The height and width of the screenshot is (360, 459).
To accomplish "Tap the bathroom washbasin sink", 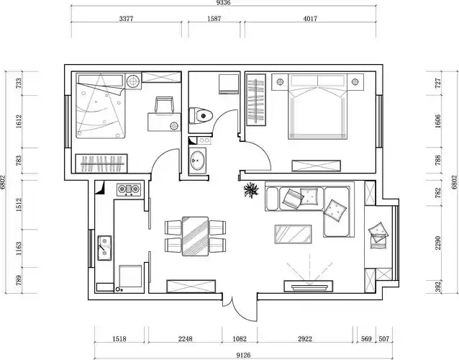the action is click(197, 161).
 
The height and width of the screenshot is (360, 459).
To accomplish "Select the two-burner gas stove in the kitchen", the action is click(129, 189).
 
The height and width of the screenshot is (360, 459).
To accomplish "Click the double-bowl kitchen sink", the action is click(104, 248).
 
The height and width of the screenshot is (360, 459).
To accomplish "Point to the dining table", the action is click(195, 236).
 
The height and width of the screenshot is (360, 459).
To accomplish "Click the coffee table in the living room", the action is click(293, 234).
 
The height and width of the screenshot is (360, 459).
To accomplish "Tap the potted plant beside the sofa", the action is click(251, 189).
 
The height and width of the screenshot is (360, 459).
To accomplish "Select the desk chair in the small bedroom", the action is click(165, 105).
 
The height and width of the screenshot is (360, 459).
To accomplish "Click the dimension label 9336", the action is click(223, 3).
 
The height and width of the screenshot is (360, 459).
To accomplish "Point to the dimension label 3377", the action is click(126, 19).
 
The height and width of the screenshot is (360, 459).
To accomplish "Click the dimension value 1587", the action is click(214, 19).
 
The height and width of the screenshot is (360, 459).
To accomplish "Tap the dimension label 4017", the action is click(310, 19).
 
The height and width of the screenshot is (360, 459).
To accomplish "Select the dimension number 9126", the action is click(243, 355).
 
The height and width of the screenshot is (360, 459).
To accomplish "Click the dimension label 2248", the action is click(186, 338).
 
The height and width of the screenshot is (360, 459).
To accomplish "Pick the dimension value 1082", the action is click(240, 338).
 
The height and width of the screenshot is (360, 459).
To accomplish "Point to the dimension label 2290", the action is click(438, 243).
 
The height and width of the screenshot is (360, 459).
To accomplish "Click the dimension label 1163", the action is click(19, 248).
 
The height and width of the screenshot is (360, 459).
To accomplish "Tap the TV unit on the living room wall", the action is click(308, 286).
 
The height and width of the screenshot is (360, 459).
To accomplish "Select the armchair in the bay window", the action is click(379, 235).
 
